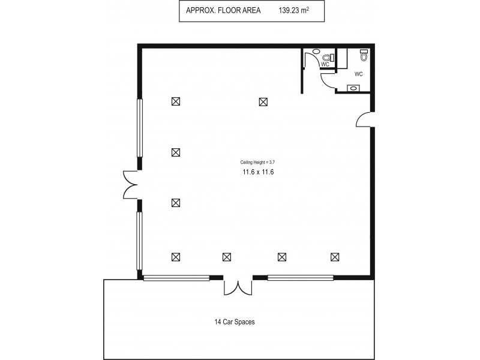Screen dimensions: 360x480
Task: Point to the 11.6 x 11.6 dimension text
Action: tap(258, 172)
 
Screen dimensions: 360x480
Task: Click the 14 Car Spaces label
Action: tap(235, 322)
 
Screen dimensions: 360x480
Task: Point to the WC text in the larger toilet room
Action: tap(359, 74)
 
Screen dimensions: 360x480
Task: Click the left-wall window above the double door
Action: tap(140, 128)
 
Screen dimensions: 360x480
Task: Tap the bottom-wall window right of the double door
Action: tap(300, 278)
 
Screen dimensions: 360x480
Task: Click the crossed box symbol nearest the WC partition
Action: tap(263, 102)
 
